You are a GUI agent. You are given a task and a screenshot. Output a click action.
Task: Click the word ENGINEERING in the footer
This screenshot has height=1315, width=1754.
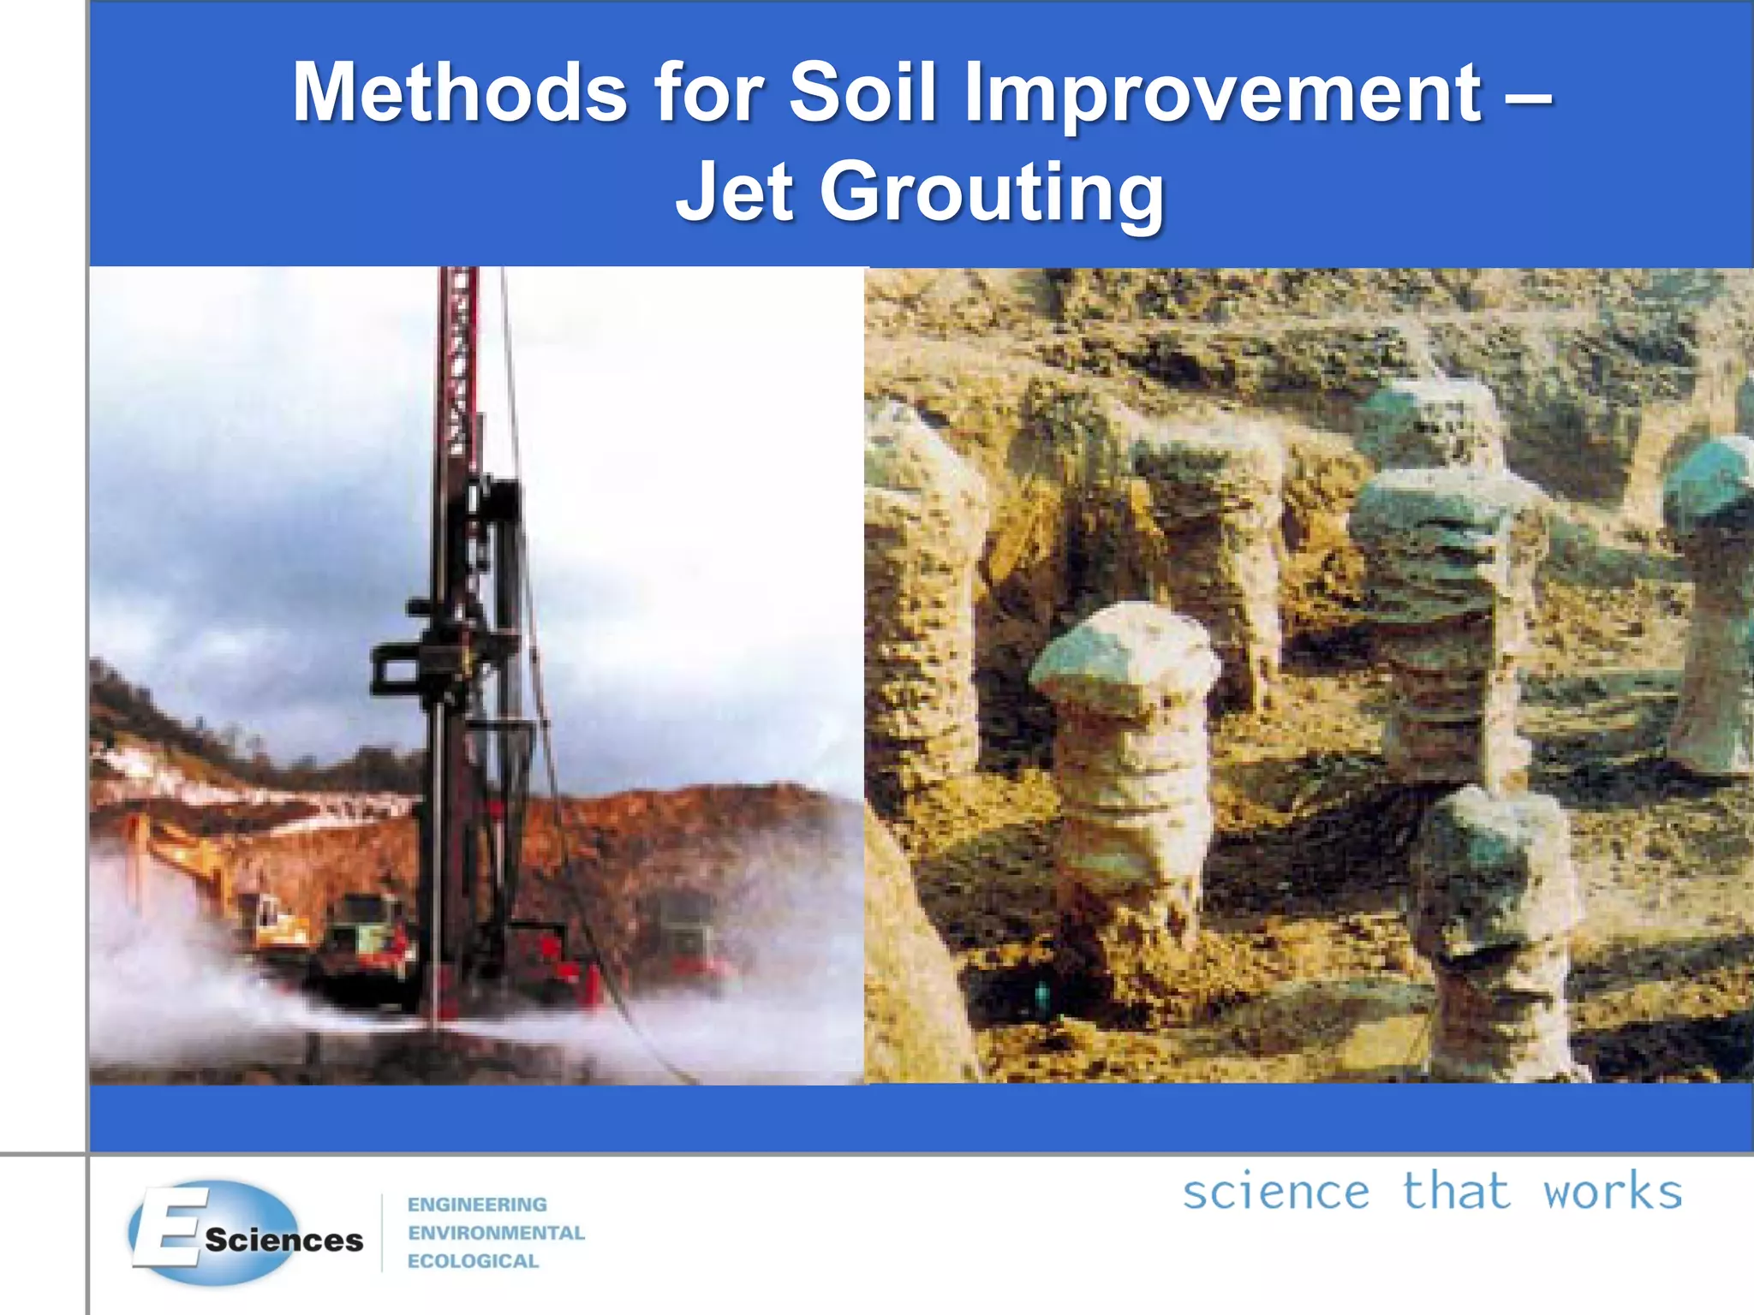click(477, 1205)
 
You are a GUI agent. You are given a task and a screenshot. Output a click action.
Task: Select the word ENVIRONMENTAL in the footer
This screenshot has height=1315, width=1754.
click(496, 1233)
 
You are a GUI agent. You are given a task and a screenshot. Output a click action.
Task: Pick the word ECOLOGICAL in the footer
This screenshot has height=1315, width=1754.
click(473, 1261)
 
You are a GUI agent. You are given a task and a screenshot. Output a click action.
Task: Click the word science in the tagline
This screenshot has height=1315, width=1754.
click(1275, 1193)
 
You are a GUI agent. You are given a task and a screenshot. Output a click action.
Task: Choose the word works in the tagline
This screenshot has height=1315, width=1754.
click(1613, 1193)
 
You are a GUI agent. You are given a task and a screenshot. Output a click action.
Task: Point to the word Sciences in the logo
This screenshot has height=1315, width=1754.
click(284, 1241)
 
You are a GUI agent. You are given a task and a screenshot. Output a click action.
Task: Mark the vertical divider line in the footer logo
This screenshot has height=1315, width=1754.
click(382, 1233)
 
